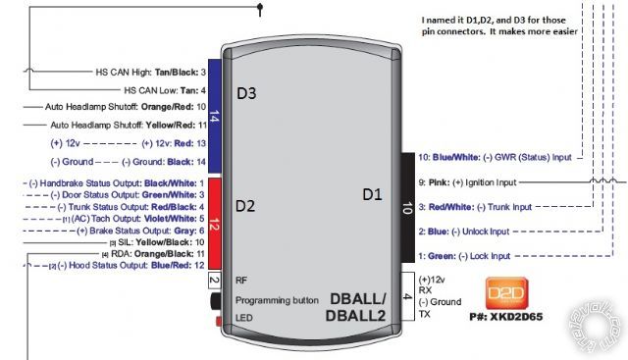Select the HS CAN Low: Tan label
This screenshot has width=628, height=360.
(165, 89)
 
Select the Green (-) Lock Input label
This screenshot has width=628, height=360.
(464, 256)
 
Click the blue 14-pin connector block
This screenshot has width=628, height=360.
(214, 113)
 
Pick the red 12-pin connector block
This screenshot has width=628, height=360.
(214, 224)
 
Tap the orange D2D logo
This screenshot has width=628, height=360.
(508, 291)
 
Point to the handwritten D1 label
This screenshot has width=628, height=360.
(374, 195)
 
